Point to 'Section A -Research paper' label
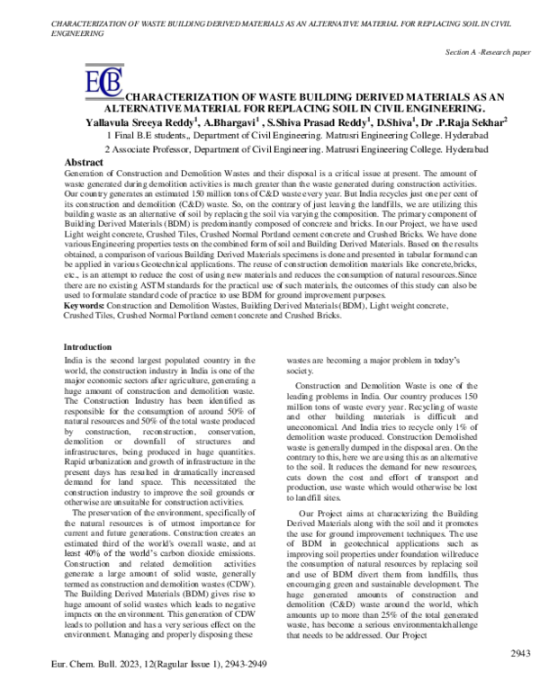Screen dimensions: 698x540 point(486,53)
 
